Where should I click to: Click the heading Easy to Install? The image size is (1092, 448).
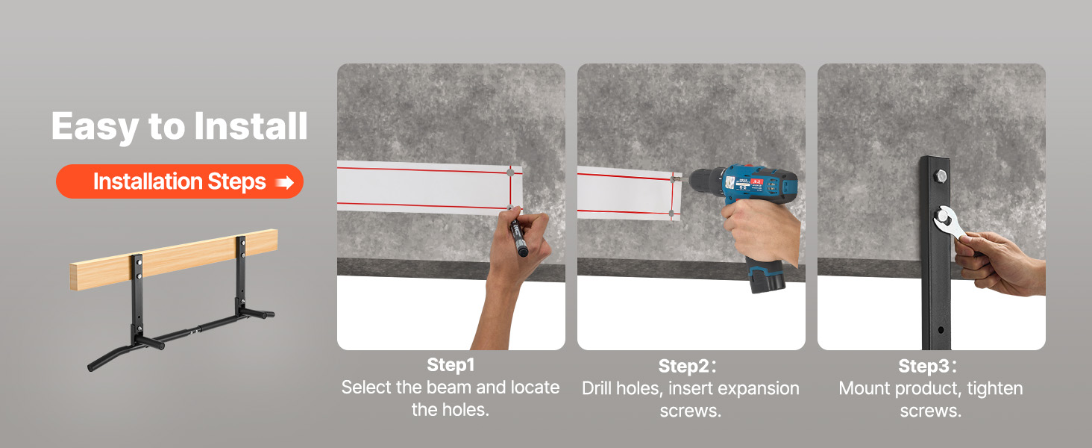point(180,126)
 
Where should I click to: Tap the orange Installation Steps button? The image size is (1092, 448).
point(180,181)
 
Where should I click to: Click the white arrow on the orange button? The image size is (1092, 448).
point(285,182)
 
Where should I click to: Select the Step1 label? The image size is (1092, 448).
point(451,364)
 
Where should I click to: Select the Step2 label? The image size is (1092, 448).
point(687,366)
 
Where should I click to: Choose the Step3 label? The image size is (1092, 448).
point(927,366)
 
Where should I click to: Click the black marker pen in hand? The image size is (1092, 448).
point(518,238)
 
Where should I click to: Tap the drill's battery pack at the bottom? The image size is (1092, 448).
point(768,277)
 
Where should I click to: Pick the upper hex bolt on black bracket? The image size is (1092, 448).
point(941,175)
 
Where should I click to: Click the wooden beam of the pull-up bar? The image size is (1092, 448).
point(174,260)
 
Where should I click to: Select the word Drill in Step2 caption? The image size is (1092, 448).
point(597,388)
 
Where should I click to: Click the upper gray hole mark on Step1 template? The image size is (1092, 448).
point(510,172)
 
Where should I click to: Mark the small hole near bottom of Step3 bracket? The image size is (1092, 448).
point(941,330)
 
